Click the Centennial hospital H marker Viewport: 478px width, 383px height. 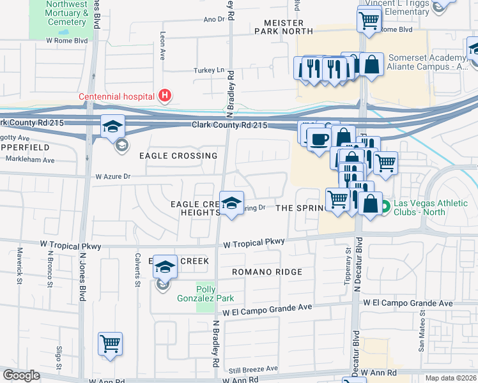[166, 96]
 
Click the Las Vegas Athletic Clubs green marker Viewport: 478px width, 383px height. [386, 207]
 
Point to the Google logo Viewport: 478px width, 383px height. [21, 375]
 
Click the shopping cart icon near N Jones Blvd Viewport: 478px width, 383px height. [110, 344]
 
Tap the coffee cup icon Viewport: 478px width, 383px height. [319, 139]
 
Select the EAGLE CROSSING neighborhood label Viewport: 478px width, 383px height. [178, 156]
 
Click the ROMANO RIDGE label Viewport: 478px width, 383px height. [266, 272]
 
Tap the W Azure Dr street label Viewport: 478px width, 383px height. [112, 176]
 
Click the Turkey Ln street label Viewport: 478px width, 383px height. [210, 70]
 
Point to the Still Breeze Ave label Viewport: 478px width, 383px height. [254, 369]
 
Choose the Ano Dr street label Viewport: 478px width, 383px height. [214, 19]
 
